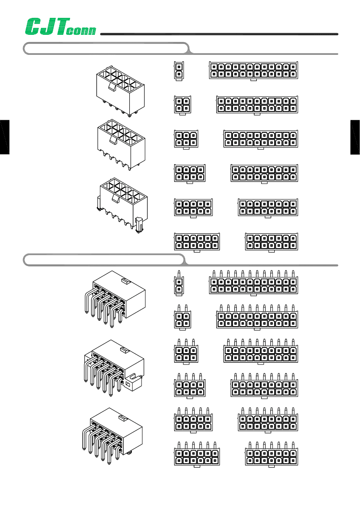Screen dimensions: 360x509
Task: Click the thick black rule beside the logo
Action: click(x=219, y=34)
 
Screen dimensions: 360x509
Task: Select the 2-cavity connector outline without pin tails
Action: click(x=179, y=71)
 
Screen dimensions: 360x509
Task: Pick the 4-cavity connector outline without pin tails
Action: click(x=182, y=105)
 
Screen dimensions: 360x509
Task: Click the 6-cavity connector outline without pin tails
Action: click(x=186, y=139)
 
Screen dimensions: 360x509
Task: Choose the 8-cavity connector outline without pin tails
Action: click(x=189, y=174)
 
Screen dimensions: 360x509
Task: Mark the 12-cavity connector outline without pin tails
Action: click(x=197, y=242)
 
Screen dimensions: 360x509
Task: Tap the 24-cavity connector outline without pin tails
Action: click(x=253, y=71)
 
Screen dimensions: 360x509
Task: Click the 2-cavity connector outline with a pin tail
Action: click(x=179, y=283)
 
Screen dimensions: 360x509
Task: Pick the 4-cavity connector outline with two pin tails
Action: click(x=182, y=317)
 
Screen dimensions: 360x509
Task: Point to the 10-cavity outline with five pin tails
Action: click(x=193, y=419)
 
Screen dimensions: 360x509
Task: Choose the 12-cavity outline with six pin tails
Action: click(x=197, y=454)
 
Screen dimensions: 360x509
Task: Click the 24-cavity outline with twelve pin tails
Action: click(x=253, y=283)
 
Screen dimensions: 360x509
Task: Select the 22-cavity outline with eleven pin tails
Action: click(x=257, y=317)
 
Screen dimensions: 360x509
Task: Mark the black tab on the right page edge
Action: click(x=355, y=137)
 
